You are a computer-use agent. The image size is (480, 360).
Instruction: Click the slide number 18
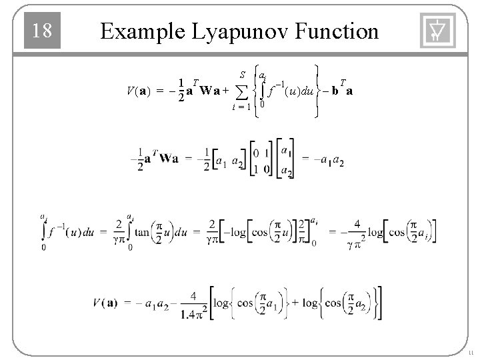[x=43, y=31]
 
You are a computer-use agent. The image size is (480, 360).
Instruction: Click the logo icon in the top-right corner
[x=438, y=31]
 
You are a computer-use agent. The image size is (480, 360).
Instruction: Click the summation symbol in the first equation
[x=241, y=90]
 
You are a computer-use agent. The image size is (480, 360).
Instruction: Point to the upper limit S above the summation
[x=242, y=71]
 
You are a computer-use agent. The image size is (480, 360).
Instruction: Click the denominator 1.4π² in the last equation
[x=193, y=313]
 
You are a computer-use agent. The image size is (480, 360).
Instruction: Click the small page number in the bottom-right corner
[x=471, y=353]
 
